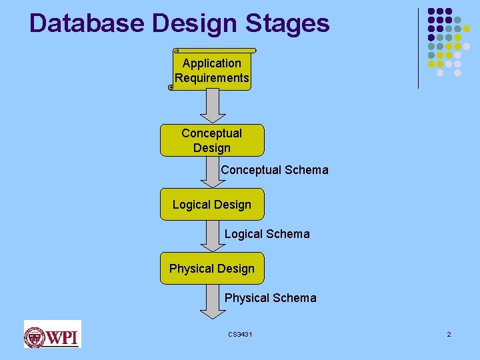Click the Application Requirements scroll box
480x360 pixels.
[x=212, y=71]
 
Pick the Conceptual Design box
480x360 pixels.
[x=212, y=140]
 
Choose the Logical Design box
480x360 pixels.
[x=212, y=205]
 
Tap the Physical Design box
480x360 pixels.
[x=212, y=269]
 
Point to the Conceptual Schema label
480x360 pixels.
[x=275, y=170]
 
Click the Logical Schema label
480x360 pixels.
[x=267, y=234]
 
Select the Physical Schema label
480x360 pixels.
[x=270, y=298]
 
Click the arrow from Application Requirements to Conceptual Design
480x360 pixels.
[x=212, y=107]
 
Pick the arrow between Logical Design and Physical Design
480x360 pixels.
[x=212, y=236]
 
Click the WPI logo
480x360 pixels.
[x=52, y=334]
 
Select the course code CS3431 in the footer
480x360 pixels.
[x=240, y=334]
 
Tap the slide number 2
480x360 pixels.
[x=449, y=334]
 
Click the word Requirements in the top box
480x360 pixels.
[x=212, y=78]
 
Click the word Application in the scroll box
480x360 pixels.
[x=212, y=63]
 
